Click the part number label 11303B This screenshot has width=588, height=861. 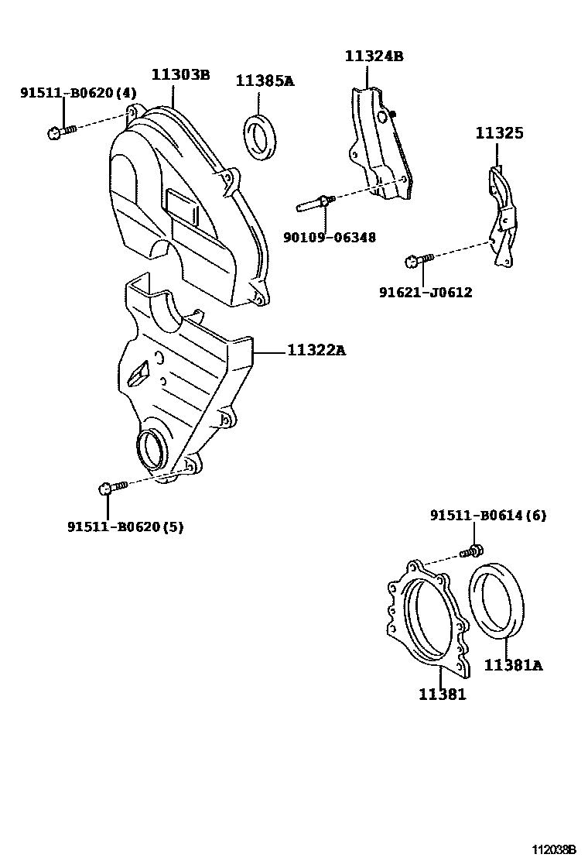pos(180,75)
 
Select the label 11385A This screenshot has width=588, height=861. pos(265,81)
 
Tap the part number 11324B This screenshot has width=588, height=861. pos(374,57)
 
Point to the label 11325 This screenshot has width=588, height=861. pos(499,133)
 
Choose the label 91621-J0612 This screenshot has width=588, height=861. pos(425,292)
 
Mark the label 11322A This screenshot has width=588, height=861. pos(316,351)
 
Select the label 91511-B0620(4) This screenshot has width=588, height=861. pos(78,94)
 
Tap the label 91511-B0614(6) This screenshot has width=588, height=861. pos(487,516)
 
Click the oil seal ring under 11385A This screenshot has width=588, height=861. pos(261,136)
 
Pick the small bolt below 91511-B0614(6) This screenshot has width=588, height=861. pos(473,551)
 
